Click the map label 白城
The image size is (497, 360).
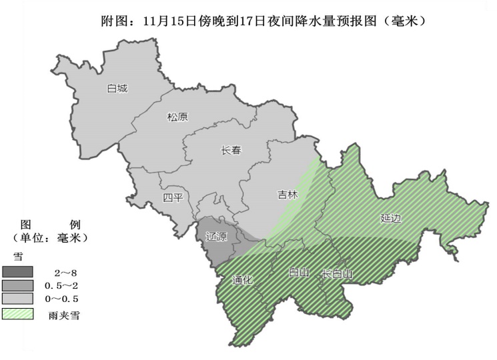click(x=117, y=88)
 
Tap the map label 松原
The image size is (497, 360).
click(x=177, y=117)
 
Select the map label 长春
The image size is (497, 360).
click(x=231, y=151)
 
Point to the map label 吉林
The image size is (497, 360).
click(x=288, y=195)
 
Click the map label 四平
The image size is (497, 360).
click(x=173, y=197)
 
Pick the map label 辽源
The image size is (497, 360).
click(x=216, y=237)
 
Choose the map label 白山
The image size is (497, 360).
click(x=298, y=273)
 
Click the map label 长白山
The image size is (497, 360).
click(x=337, y=274)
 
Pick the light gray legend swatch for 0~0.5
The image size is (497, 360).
click(x=18, y=298)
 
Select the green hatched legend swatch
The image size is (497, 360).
click(x=18, y=312)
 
